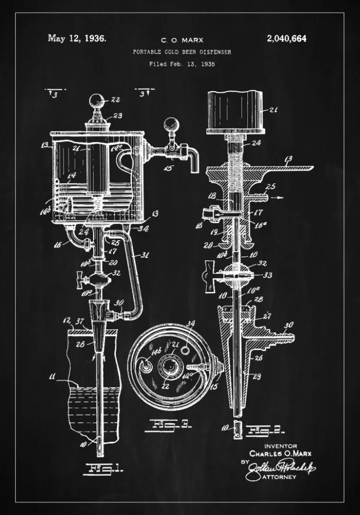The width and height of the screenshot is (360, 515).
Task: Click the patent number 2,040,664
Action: click(x=286, y=38)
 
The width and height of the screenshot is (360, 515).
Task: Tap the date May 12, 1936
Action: click(x=77, y=38)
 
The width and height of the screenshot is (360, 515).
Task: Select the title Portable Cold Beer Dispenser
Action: click(x=182, y=52)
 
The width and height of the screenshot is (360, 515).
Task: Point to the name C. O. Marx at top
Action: click(x=182, y=39)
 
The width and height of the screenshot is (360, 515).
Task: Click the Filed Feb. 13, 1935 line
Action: click(x=182, y=64)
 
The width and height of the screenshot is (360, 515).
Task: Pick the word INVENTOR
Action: click(x=282, y=446)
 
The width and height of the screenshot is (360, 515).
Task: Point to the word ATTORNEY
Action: click(x=278, y=477)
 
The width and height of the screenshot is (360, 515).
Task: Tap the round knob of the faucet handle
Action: click(x=169, y=125)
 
